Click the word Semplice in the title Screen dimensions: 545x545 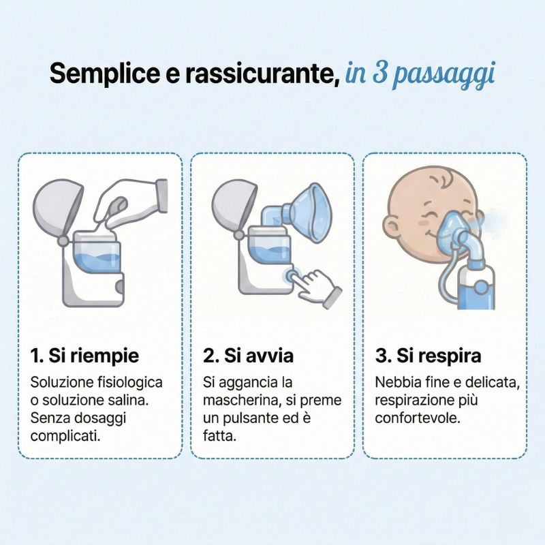(x=104, y=74)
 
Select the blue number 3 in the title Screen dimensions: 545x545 (x=380, y=74)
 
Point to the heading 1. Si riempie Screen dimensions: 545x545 (x=84, y=356)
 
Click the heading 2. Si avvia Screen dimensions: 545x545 (x=248, y=356)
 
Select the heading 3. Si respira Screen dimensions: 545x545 (x=429, y=356)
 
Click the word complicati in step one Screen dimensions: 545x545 (x=65, y=436)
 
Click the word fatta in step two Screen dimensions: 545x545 (x=219, y=436)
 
